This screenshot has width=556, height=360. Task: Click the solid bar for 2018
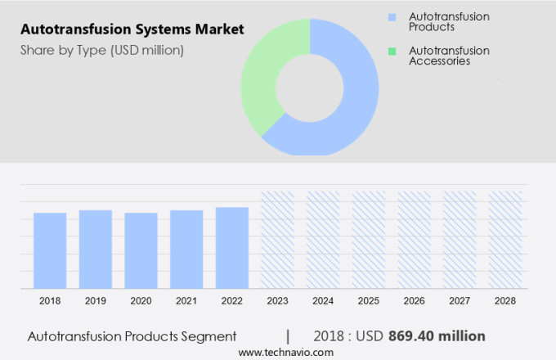(x=50, y=250)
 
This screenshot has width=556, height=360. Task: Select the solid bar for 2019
(x=96, y=249)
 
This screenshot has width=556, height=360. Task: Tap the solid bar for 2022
(x=232, y=247)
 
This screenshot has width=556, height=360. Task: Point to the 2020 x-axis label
(x=141, y=301)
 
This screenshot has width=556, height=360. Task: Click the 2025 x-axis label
(x=369, y=301)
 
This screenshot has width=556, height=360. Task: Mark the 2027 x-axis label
(x=460, y=301)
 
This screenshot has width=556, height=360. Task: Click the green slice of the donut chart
(x=262, y=82)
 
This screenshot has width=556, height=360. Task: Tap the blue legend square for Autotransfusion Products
(x=392, y=16)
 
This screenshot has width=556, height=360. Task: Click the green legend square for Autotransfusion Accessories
(x=392, y=51)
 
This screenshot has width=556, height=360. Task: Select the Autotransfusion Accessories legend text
(x=449, y=56)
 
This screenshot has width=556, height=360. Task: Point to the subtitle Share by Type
(x=102, y=50)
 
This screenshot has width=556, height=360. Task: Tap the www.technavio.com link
(x=286, y=352)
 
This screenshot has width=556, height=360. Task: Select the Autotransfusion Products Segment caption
(x=132, y=335)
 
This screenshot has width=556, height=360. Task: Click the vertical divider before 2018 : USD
(x=287, y=335)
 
